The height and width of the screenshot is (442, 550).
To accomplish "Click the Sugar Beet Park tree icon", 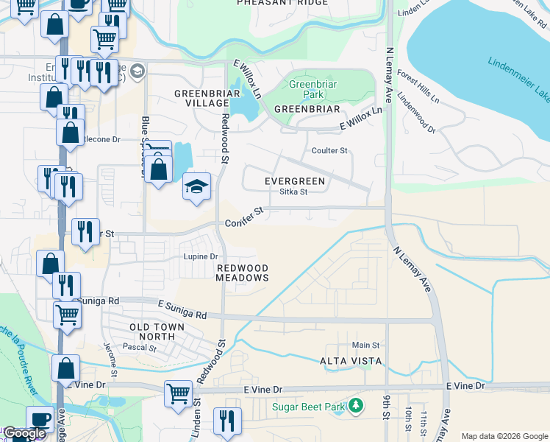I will pyautogui.click(x=357, y=406).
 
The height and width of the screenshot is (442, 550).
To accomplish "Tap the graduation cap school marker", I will pyautogui.click(x=196, y=186).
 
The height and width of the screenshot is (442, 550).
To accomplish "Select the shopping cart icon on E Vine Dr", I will pyautogui.click(x=178, y=393).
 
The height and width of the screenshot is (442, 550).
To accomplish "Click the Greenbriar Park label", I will pyautogui.click(x=307, y=90).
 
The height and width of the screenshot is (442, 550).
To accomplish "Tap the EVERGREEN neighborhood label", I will pyautogui.click(x=295, y=180).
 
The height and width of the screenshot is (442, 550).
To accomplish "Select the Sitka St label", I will pyautogui.click(x=293, y=192).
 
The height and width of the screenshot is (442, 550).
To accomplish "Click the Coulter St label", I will pyautogui.click(x=329, y=151).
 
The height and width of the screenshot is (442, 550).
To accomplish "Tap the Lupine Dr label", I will pyautogui.click(x=200, y=256).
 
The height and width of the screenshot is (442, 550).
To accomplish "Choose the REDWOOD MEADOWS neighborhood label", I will pyautogui.click(x=242, y=273).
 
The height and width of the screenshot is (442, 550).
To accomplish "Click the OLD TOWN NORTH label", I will pyautogui.click(x=152, y=331).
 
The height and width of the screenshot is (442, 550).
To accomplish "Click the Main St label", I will pyautogui.click(x=365, y=345).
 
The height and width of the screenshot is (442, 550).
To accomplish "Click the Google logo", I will pyautogui.click(x=24, y=434).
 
